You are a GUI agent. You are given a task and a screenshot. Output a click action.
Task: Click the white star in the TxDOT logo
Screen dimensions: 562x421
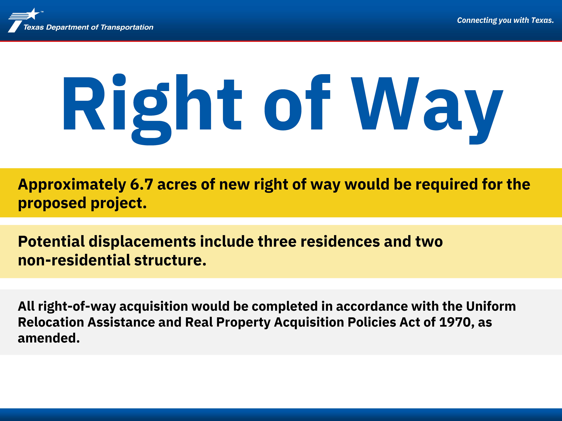pos(33,14)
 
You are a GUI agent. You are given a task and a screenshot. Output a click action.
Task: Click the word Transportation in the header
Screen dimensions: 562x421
pos(127,27)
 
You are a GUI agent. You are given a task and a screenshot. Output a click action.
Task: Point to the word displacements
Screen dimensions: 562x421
pos(142,242)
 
